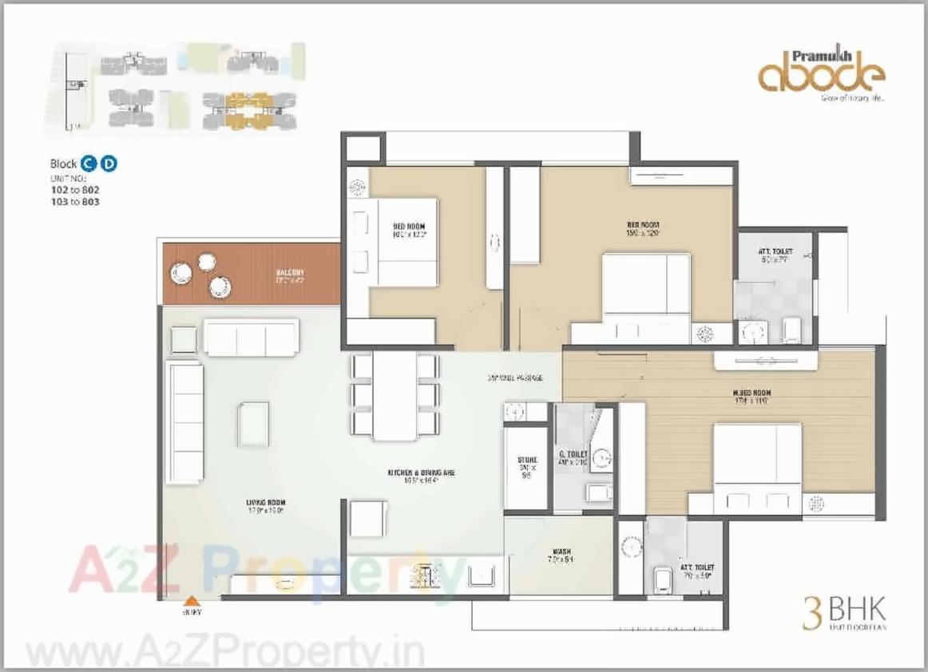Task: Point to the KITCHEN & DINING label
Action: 421,472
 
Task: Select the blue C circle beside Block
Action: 90,164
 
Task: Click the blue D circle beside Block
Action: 109,164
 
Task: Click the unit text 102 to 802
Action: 74,191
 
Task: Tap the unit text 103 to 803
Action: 74,202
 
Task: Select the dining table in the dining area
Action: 395,395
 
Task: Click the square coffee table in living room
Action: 252,424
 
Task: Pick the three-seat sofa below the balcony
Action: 251,337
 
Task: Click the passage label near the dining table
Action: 516,377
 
